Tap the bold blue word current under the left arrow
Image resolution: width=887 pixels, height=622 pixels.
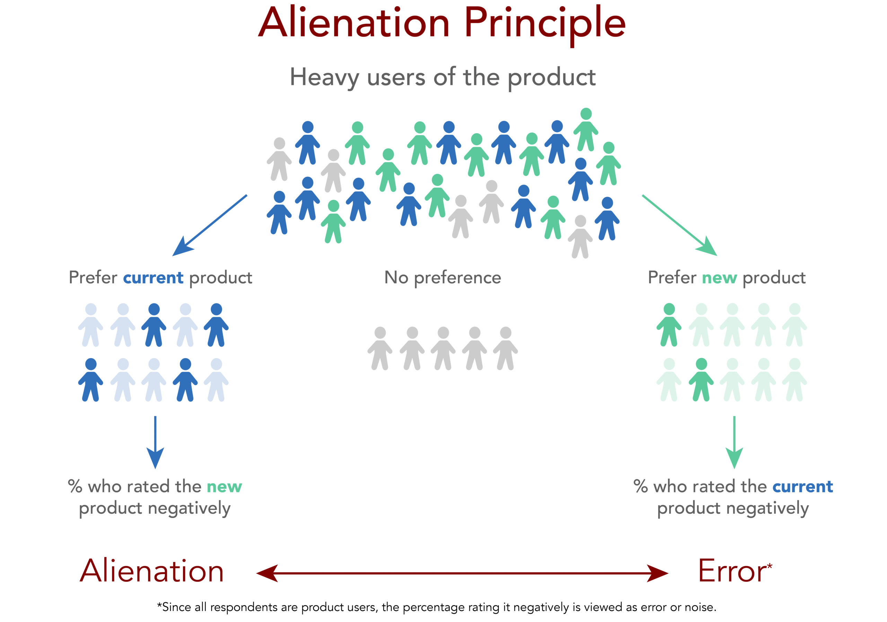click(x=153, y=278)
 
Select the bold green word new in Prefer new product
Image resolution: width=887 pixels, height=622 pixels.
click(x=719, y=278)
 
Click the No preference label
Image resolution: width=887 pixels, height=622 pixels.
click(x=443, y=278)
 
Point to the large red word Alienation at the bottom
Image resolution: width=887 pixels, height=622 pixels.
click(x=151, y=571)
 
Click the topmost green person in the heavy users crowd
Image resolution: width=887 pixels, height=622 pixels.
click(x=586, y=130)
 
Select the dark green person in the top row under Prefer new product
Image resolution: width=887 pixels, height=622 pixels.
click(x=669, y=325)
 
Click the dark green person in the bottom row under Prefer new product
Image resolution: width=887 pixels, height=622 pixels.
click(x=701, y=380)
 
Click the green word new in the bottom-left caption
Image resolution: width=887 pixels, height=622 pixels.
click(x=224, y=487)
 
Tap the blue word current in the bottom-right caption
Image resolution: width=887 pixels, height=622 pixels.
click(x=802, y=487)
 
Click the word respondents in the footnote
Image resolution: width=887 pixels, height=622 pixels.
click(x=243, y=607)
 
